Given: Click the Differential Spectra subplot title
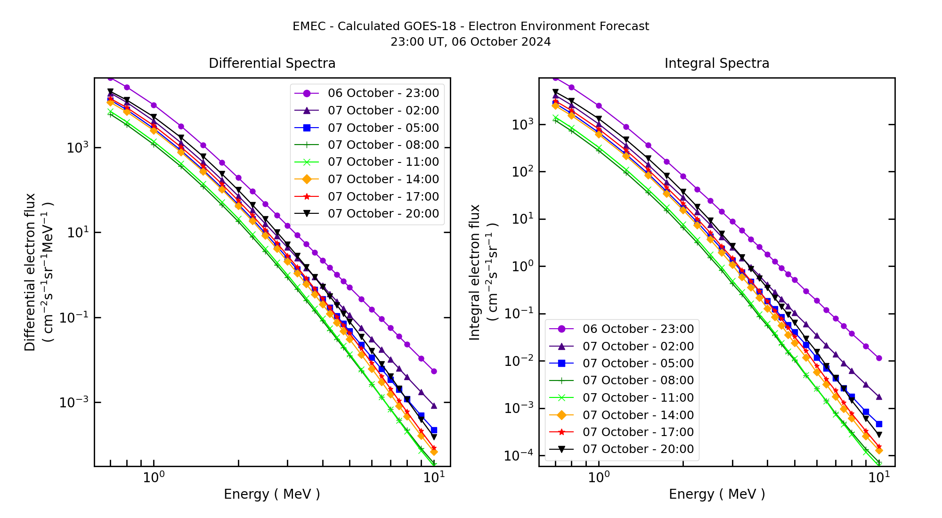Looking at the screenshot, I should click(x=272, y=63).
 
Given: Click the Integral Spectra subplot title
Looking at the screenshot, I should click(x=717, y=63).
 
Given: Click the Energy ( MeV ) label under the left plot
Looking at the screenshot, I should click(x=272, y=494).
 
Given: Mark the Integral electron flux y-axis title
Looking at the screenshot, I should click(x=475, y=272).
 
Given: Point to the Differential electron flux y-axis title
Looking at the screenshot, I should click(x=30, y=272).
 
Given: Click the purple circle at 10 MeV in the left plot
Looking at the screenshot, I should click(x=434, y=371).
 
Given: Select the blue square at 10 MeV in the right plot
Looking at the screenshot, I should click(x=879, y=424).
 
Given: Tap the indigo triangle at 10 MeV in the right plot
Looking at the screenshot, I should click(x=879, y=397).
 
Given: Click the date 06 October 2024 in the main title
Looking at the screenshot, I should click(x=501, y=42).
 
